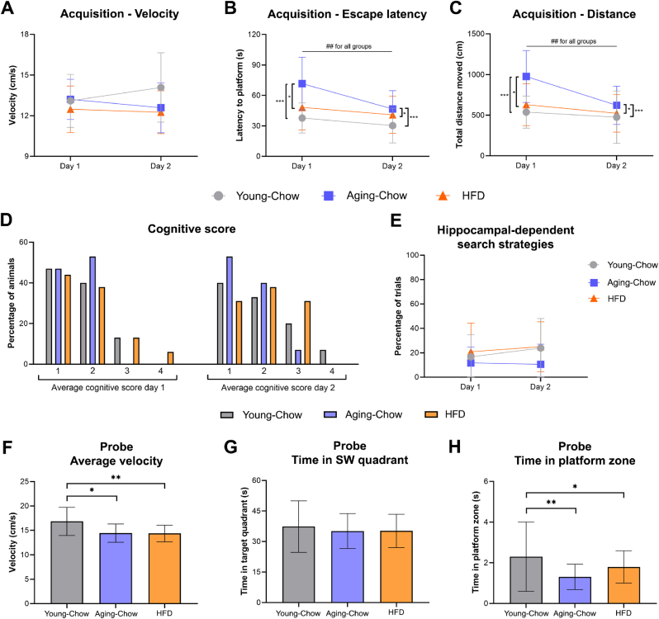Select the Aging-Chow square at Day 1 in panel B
tap(303, 83)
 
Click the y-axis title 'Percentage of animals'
tap(11, 305)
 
